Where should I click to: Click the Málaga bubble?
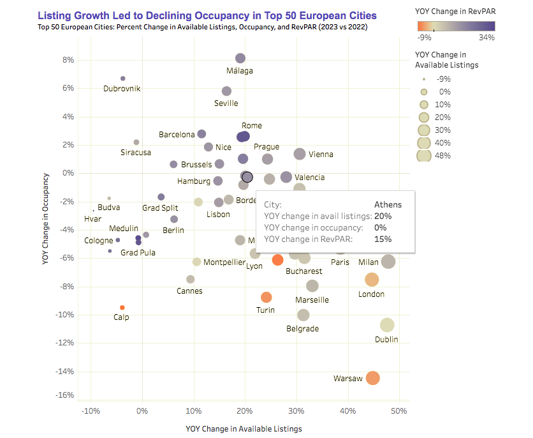pos(240,59)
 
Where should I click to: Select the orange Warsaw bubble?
pos(373,378)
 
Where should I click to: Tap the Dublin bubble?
pos(387,326)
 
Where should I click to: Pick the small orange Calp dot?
pos(122,308)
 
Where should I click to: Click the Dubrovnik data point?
pos(122,79)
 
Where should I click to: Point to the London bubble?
pos(372,280)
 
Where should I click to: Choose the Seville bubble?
pos(226,91)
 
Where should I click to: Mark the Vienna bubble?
pos(300,154)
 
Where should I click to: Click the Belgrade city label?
pos(303,329)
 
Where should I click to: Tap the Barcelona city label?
pos(177,135)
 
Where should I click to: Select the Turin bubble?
pos(266,297)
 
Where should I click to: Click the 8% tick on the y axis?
pos(66,60)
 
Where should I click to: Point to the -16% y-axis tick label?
pos(64,395)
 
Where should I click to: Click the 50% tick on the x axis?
pos(399,411)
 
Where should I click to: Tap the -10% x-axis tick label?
pos(91,411)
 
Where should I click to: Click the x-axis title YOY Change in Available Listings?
pos(244,428)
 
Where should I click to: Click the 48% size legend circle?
pos(421,155)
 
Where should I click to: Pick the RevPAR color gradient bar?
pos(455,26)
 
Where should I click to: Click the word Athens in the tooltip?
pos(388,205)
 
